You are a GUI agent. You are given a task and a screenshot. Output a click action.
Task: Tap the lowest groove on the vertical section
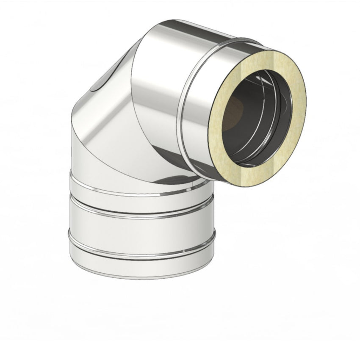[x=140, y=254]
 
